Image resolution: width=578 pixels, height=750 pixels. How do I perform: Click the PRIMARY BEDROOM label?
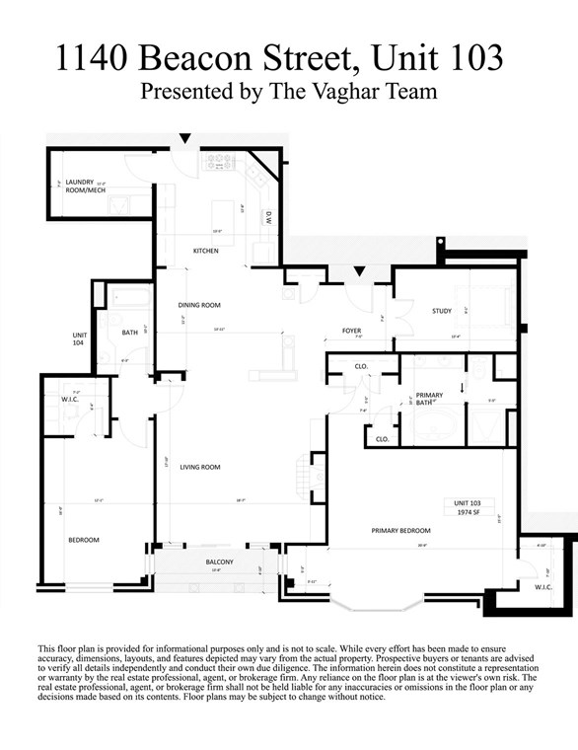point(398,531)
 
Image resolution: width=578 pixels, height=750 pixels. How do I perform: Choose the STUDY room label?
point(441,311)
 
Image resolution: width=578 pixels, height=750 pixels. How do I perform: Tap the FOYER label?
point(351,331)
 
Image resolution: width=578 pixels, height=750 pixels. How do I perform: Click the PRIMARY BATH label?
point(429,398)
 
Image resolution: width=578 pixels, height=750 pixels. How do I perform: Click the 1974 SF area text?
point(468,512)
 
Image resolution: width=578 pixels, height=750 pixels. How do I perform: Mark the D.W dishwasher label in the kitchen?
point(267,220)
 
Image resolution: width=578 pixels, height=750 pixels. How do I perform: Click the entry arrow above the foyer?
point(360,270)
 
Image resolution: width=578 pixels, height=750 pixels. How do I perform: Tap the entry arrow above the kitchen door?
point(184,139)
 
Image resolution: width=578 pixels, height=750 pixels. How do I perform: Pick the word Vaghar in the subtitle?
point(345,93)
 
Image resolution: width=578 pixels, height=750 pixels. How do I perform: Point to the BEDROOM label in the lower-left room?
point(82,540)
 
